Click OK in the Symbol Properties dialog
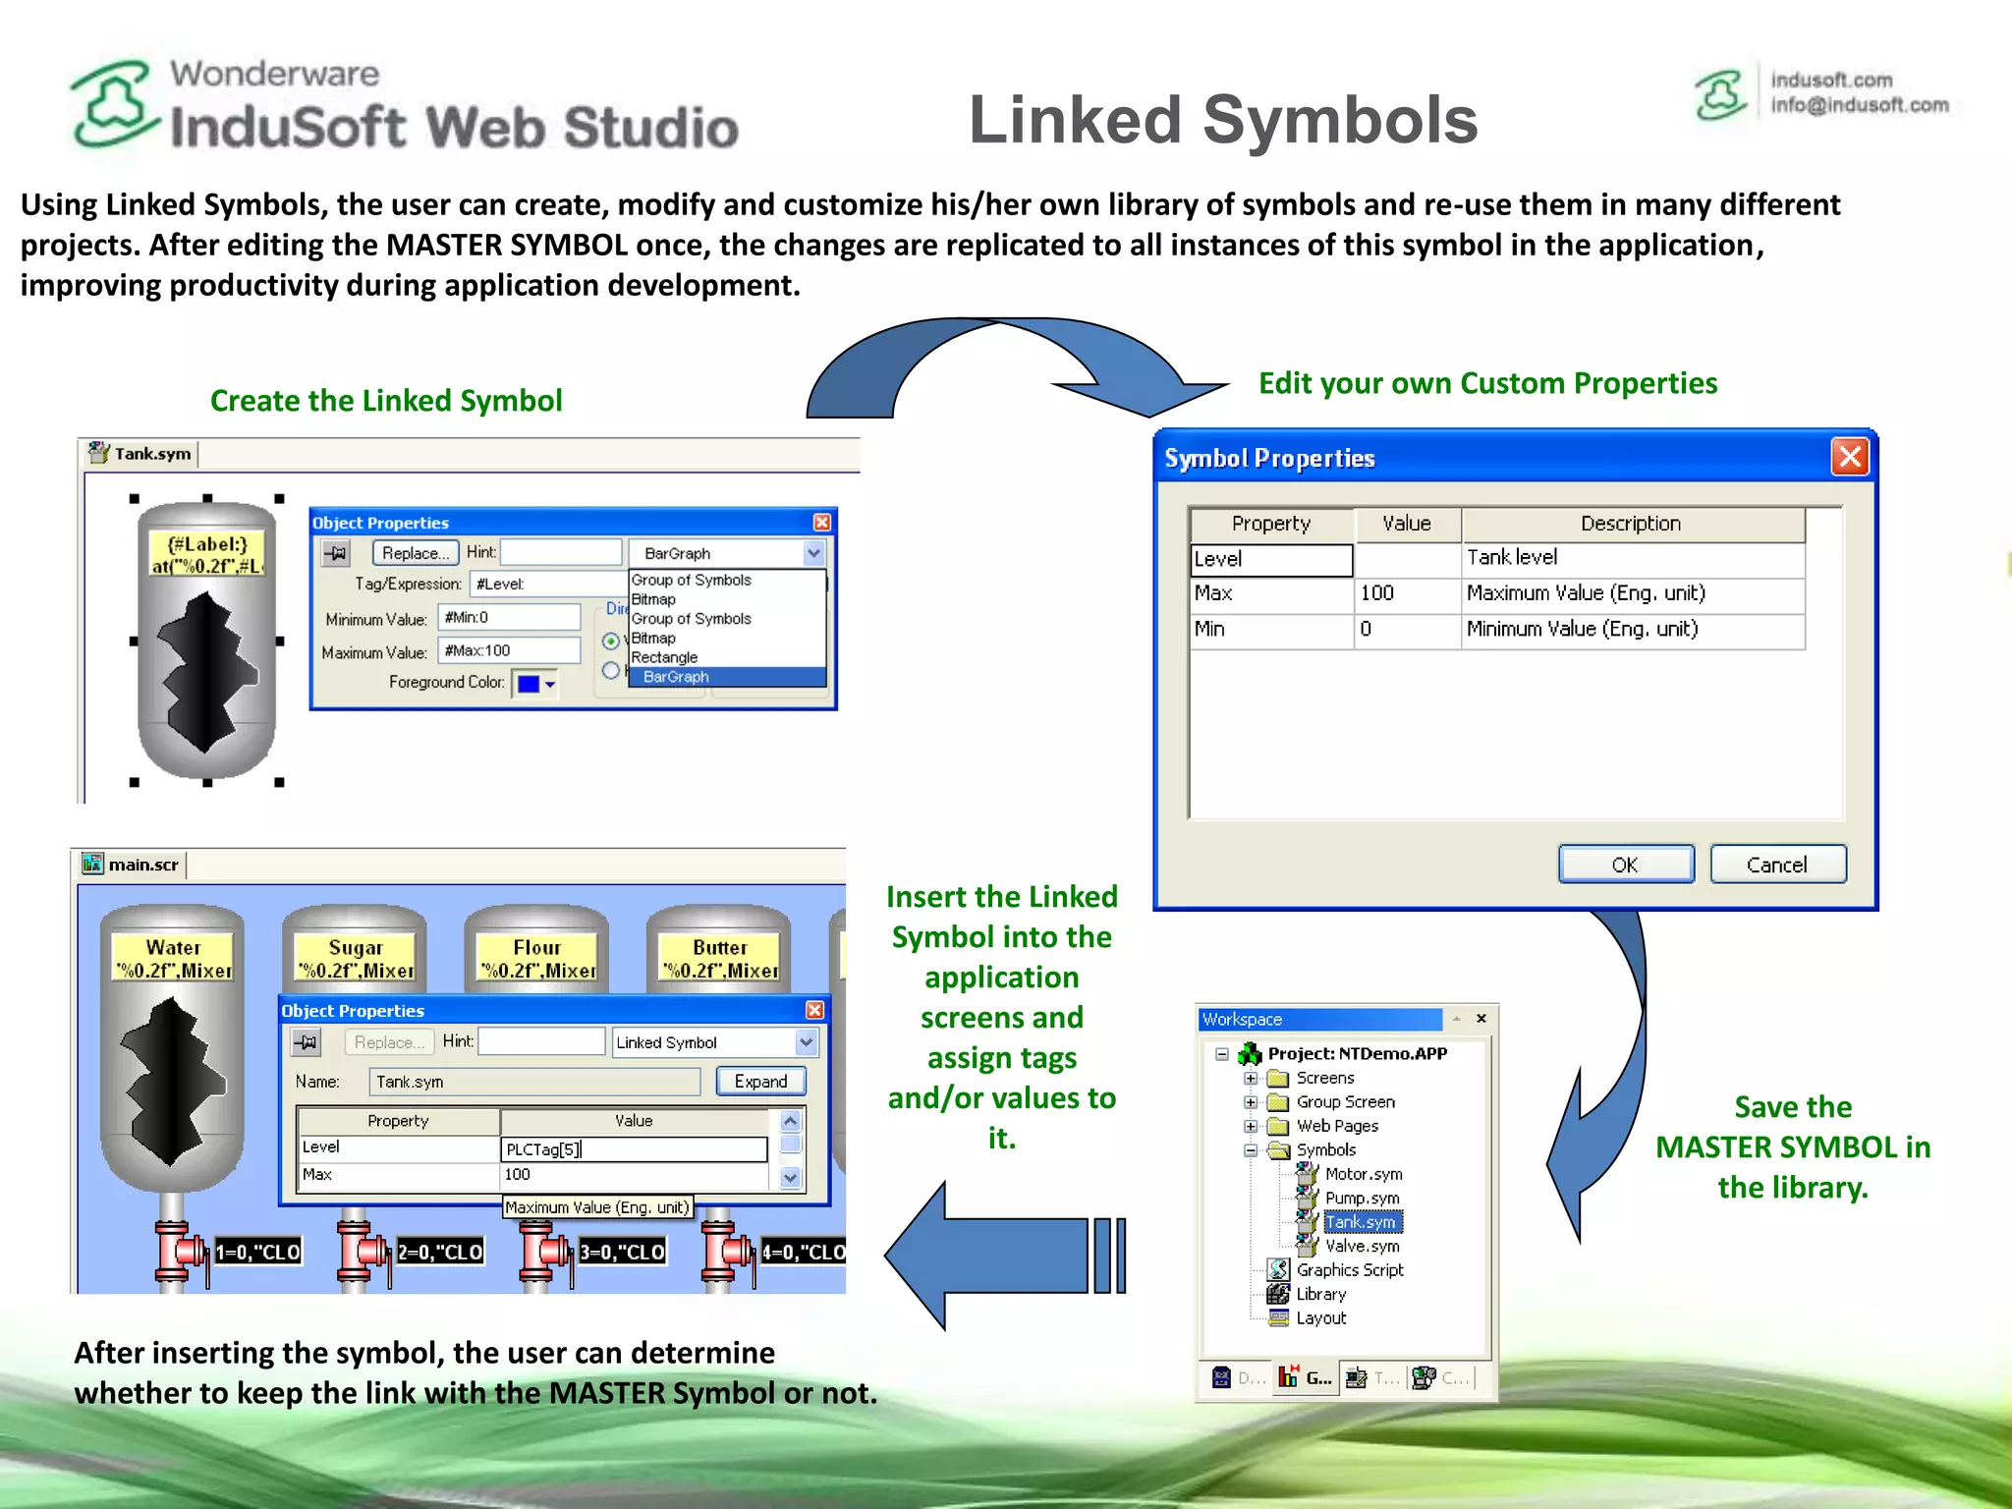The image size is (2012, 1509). tap(1625, 865)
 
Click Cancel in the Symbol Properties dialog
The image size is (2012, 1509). tap(1776, 865)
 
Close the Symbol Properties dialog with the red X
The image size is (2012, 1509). tap(1850, 457)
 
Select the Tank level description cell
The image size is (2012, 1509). tap(1631, 558)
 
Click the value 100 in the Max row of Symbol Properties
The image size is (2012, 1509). tap(1377, 593)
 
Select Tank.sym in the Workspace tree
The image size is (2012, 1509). tap(1361, 1222)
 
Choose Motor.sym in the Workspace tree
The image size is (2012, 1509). tap(1363, 1174)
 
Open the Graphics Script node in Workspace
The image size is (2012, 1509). tap(1349, 1270)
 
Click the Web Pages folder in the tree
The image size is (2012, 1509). tap(1336, 1126)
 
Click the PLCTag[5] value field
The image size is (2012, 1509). tap(633, 1149)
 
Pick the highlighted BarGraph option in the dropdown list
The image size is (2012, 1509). tap(676, 677)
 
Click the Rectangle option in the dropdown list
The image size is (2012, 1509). tap(664, 657)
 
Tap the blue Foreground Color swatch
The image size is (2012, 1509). tap(529, 684)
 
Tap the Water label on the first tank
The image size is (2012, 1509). tap(173, 948)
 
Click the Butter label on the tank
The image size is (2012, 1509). tap(719, 948)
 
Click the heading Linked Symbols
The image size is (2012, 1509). tap(1222, 120)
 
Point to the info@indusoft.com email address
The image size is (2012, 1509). tap(1859, 105)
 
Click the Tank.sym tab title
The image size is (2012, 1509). tap(152, 454)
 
